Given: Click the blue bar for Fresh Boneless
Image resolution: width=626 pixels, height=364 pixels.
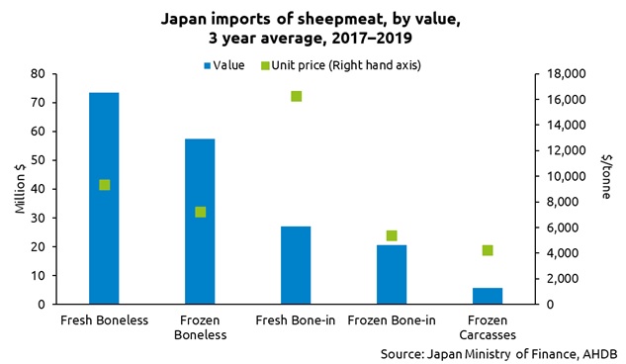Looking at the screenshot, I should [x=104, y=198].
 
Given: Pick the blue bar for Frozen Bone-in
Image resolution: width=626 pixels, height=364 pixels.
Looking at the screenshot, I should [x=392, y=274].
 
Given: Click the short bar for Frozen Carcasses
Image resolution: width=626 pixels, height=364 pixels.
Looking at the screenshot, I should [x=488, y=296].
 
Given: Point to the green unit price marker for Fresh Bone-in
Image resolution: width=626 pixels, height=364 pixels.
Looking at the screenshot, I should [x=296, y=96].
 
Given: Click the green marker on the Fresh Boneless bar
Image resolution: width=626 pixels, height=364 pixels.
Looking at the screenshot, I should [x=104, y=185].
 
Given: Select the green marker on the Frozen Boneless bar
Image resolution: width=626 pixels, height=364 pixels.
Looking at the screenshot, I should [x=200, y=212].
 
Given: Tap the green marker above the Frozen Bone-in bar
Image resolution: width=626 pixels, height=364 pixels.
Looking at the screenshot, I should [x=392, y=235].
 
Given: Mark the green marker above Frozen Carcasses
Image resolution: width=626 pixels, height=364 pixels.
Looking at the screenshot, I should [x=488, y=250].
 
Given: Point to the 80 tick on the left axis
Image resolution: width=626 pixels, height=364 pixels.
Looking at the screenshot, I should [x=41, y=74].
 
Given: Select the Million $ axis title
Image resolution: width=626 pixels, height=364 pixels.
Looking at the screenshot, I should [x=17, y=189].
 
